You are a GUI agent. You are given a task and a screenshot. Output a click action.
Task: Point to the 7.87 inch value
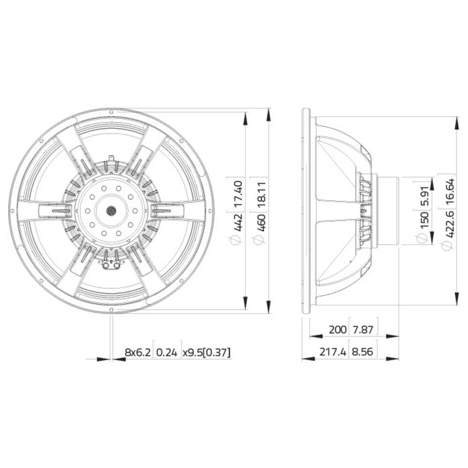(x=363, y=329)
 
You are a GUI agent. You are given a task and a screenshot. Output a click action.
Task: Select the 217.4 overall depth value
(x=332, y=352)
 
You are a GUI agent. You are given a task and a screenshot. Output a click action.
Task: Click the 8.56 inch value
(x=363, y=352)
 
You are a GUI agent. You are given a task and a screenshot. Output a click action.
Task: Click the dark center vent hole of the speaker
(x=111, y=211)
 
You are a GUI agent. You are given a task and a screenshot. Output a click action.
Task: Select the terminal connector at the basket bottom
(x=111, y=266)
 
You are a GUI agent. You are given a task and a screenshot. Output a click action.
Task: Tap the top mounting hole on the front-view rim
(x=111, y=112)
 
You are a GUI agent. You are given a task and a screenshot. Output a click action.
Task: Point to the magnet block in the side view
(x=388, y=211)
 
